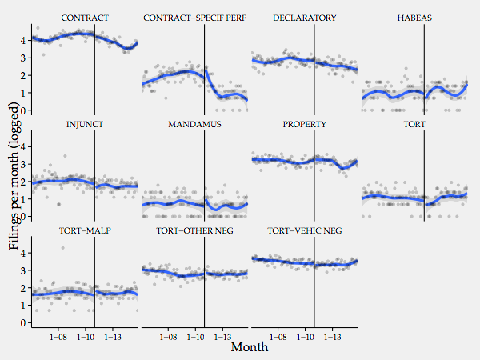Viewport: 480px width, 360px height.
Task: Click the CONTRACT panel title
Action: [85, 18]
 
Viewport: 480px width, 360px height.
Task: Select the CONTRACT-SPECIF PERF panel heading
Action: [194, 18]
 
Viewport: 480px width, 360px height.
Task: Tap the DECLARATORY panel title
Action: [304, 18]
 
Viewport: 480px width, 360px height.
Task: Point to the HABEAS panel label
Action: [414, 18]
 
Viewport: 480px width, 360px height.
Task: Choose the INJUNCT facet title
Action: [85, 125]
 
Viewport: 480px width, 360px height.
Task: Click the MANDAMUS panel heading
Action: [194, 125]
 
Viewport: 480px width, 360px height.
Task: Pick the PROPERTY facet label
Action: [304, 125]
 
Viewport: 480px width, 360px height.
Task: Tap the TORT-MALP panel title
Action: [85, 231]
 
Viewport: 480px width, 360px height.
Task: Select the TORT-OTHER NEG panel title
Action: [194, 231]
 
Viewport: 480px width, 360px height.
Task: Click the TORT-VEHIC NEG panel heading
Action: [304, 231]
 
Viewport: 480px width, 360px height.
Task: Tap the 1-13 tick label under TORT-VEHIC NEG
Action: [331, 338]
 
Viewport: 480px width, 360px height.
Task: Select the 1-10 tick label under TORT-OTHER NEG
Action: [195, 338]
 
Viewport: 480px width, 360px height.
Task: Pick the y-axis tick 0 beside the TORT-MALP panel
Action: [24, 323]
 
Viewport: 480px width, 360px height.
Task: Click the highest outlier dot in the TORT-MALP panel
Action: [62, 248]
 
